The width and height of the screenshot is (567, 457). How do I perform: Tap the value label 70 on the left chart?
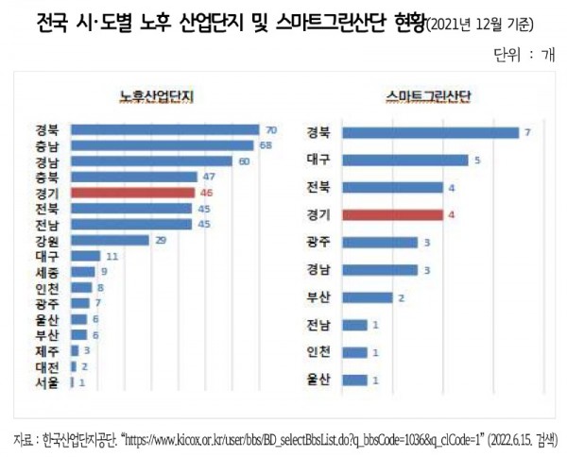(x=270, y=129)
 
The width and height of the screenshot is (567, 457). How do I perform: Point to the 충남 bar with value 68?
(x=162, y=144)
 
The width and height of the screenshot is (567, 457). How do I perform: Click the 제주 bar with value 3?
(x=76, y=350)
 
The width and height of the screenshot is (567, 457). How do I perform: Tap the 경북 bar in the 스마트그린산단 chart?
(x=430, y=132)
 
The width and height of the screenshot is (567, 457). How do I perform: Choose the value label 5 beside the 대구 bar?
(x=478, y=161)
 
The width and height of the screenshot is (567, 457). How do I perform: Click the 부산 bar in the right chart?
(x=367, y=297)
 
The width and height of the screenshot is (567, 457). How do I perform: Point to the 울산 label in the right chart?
(x=318, y=381)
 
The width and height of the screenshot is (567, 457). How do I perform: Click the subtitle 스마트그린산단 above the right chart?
(x=428, y=95)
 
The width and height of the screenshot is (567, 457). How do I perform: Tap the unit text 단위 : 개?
(x=524, y=55)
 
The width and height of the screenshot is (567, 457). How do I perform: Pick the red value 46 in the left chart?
(x=204, y=193)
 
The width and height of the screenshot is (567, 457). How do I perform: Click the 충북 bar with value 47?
(x=133, y=177)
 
